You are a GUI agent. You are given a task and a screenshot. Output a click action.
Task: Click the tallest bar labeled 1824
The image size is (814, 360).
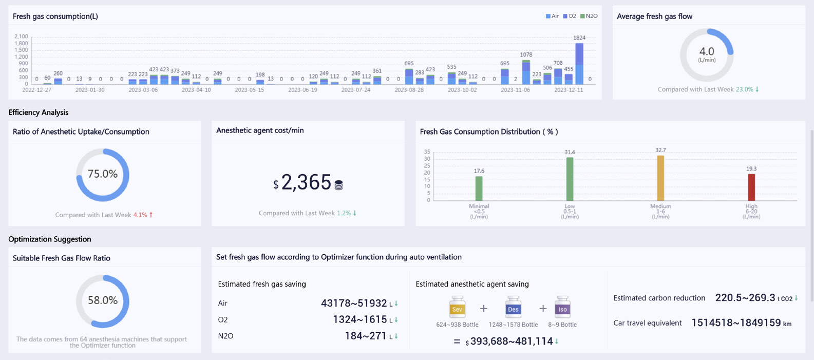(x=579, y=64)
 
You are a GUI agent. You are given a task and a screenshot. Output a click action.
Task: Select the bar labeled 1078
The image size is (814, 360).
(x=526, y=72)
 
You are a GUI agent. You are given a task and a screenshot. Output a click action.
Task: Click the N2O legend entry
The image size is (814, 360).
(x=589, y=16)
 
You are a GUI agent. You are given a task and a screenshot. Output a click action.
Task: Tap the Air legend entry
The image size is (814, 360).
(x=552, y=16)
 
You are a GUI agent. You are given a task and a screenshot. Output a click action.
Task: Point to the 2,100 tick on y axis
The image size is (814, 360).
(x=21, y=36)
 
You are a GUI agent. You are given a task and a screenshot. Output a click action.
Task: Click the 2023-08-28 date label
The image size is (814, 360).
(x=409, y=90)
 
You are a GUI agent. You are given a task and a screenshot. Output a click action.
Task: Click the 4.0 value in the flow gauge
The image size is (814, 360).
(x=707, y=51)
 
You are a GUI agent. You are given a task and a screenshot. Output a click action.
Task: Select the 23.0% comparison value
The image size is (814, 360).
(x=745, y=89)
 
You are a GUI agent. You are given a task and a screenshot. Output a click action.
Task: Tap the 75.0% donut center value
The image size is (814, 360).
(x=103, y=174)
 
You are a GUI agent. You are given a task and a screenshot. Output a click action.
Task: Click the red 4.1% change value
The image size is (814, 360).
(x=140, y=215)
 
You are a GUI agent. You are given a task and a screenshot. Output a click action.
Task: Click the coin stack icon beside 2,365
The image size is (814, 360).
(x=338, y=185)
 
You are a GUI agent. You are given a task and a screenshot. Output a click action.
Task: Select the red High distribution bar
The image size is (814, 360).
(x=751, y=187)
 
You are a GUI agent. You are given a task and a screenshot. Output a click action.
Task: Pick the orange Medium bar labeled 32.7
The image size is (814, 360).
(x=660, y=178)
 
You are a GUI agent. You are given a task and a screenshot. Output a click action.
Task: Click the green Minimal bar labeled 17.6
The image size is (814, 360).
(x=479, y=188)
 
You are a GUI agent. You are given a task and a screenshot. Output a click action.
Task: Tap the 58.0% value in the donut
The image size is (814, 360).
(x=103, y=300)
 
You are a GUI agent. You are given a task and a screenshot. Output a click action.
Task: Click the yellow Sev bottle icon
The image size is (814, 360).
(x=457, y=307)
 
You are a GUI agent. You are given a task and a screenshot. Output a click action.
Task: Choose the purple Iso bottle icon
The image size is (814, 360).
(x=562, y=307)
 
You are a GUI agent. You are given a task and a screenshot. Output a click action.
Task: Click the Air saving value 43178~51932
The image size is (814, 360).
(x=354, y=303)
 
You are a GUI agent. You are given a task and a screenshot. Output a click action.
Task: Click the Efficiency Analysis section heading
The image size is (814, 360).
(x=39, y=112)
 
